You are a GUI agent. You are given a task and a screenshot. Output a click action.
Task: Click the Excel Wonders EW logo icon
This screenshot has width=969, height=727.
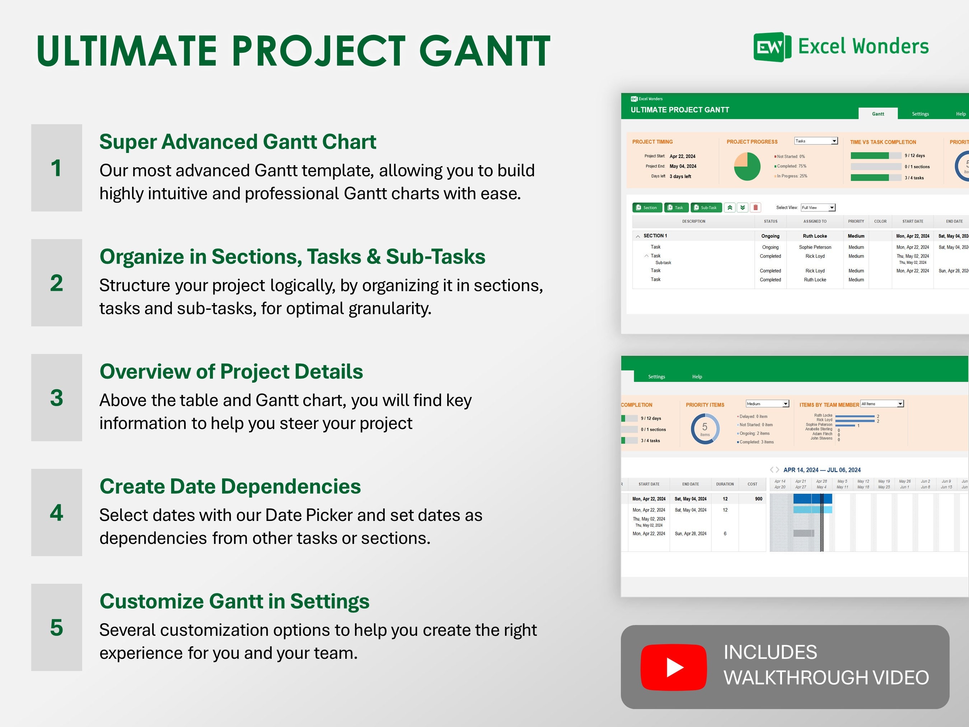pyautogui.click(x=772, y=47)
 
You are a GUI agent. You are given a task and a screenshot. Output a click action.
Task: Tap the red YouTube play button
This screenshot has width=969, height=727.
pyautogui.click(x=673, y=667)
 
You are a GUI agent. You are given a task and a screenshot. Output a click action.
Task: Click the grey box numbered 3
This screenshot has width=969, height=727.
pyautogui.click(x=56, y=397)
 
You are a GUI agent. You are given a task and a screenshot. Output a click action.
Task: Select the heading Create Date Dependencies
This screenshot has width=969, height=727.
pyautogui.click(x=230, y=486)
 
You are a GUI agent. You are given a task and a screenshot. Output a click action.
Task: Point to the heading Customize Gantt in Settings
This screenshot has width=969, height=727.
pyautogui.click(x=234, y=601)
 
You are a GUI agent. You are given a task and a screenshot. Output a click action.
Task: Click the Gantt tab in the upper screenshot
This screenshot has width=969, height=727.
pyautogui.click(x=877, y=114)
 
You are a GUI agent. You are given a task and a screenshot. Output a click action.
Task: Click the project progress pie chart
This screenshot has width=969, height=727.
pyautogui.click(x=747, y=167)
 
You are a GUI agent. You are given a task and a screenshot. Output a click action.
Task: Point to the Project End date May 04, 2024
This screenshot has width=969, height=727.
pyautogui.click(x=683, y=167)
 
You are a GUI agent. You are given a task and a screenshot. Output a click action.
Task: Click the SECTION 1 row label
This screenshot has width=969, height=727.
pyautogui.click(x=655, y=236)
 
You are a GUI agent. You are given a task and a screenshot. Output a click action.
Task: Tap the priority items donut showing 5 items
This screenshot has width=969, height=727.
pyautogui.click(x=705, y=429)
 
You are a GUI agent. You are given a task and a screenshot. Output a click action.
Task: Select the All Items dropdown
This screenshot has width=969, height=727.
pyautogui.click(x=882, y=404)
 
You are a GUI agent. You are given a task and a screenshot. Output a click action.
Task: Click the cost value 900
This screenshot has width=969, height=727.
pyautogui.click(x=758, y=499)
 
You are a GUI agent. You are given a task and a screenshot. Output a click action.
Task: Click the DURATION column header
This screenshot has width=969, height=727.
pyautogui.click(x=725, y=484)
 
